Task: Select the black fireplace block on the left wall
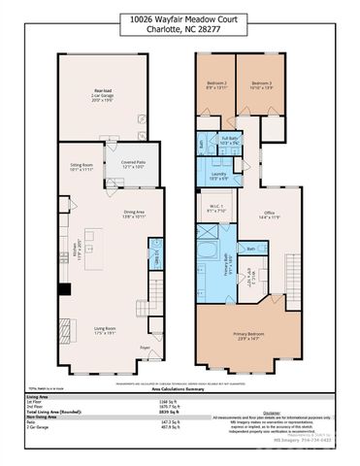click(x=62, y=288)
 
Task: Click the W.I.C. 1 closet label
click(x=218, y=207)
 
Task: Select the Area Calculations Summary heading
click(x=180, y=384)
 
